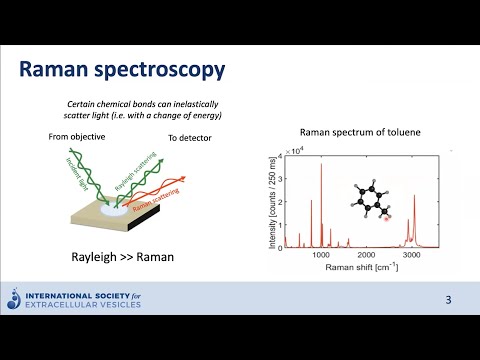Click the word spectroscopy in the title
(161, 71)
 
